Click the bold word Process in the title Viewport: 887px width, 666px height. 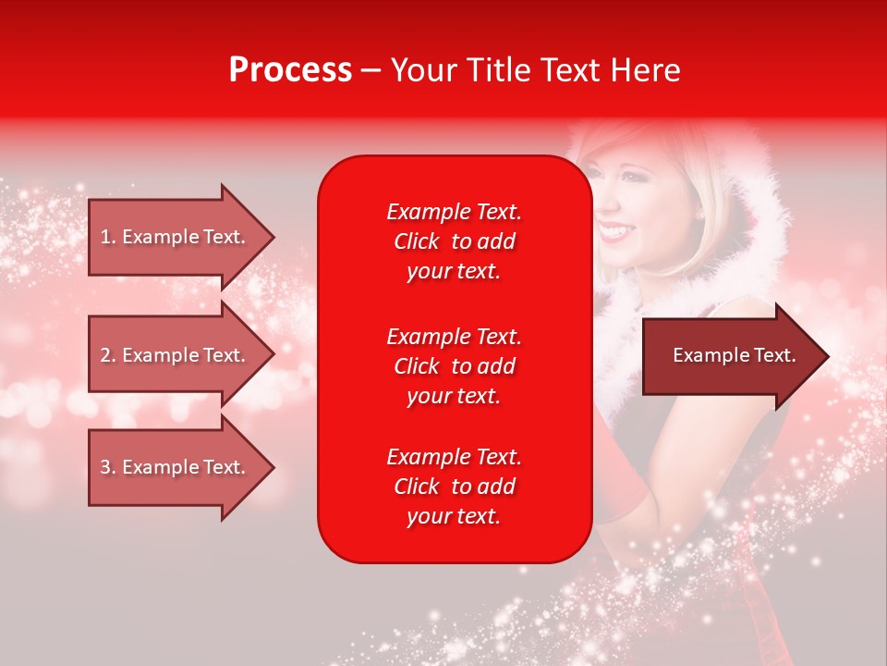(x=290, y=70)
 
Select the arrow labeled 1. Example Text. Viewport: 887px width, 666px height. (x=176, y=237)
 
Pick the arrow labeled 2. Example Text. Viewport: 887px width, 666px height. (x=176, y=355)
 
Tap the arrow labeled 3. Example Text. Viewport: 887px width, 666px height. (x=176, y=467)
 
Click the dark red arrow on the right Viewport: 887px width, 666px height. (x=730, y=356)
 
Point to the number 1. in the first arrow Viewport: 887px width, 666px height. (x=108, y=237)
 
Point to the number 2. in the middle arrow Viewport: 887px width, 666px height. (x=108, y=355)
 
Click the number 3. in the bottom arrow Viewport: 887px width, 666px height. (x=108, y=467)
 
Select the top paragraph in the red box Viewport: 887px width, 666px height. (x=454, y=241)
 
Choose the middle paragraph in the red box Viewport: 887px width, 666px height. (x=454, y=366)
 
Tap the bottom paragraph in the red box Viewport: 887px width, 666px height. (x=454, y=487)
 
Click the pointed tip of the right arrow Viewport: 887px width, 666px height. (x=826, y=356)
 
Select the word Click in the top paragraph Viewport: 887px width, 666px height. (x=417, y=241)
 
